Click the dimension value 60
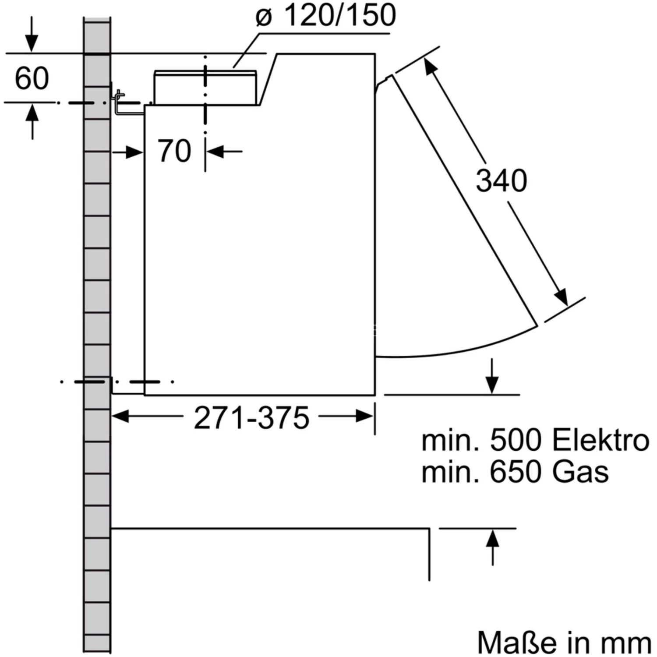[32, 79]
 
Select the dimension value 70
[174, 151]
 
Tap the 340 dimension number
[502, 180]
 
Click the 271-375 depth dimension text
[251, 417]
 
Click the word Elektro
[600, 440]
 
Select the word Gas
[580, 472]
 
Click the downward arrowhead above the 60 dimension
[31, 44]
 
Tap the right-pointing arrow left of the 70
[134, 152]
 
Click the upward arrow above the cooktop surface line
[493, 538]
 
